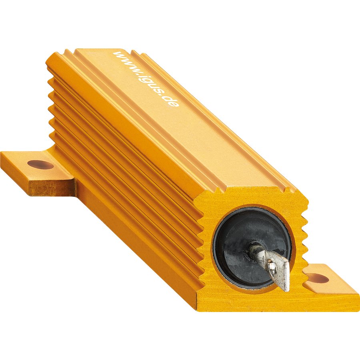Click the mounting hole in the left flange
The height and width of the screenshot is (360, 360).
tap(40, 164)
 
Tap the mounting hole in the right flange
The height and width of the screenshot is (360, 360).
tap(318, 278)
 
